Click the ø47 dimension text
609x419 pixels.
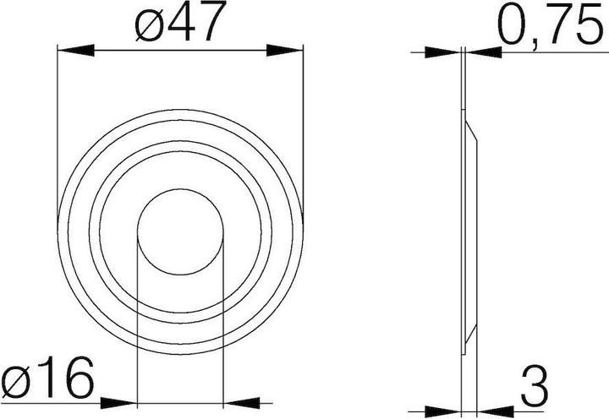coord(180,25)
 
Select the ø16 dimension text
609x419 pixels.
coord(47,381)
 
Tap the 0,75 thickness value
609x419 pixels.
coord(551,27)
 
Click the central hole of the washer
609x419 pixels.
coord(179,230)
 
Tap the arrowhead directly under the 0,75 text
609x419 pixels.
coord(484,53)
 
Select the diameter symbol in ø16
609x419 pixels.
coord(14,382)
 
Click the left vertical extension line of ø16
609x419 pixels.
coord(137,321)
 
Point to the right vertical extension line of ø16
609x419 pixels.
coord(222,321)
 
